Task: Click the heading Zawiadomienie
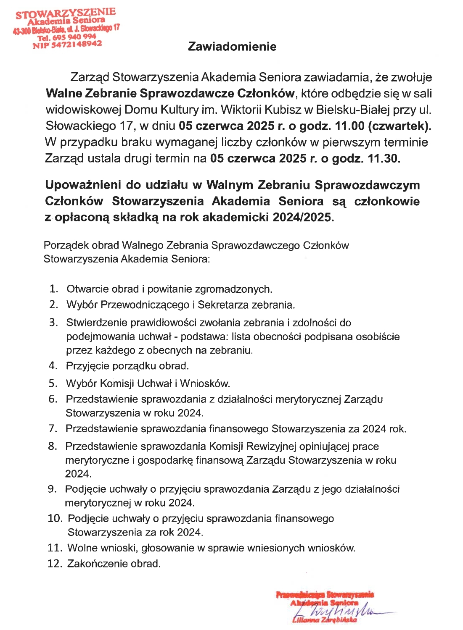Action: pyautogui.click(x=232, y=46)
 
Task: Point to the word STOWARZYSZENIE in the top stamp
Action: pyautogui.click(x=66, y=13)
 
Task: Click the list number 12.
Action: pyautogui.click(x=54, y=563)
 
